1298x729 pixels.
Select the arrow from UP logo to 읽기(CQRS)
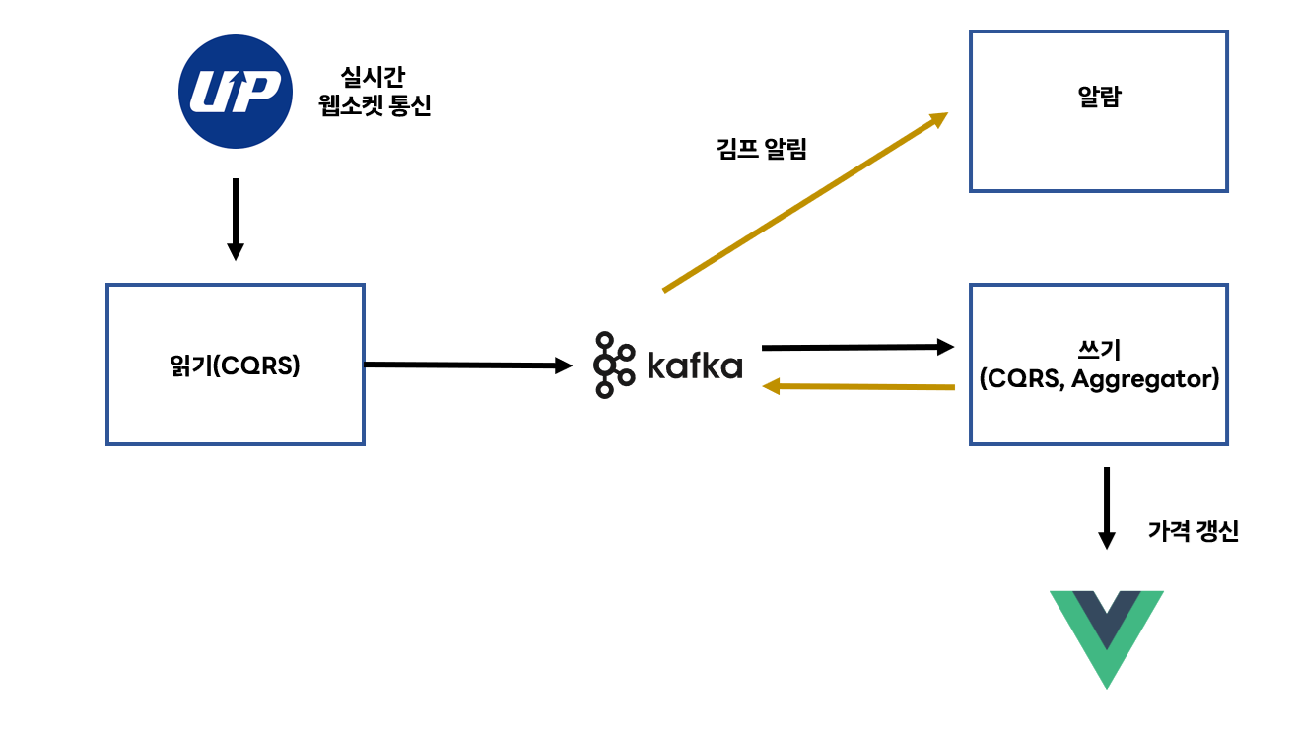click(235, 219)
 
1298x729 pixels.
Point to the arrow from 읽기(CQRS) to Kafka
click(467, 365)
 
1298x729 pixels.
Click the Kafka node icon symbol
click(614, 365)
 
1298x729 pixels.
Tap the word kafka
click(695, 365)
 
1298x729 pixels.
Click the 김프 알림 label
click(761, 151)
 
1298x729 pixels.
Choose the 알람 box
click(1098, 111)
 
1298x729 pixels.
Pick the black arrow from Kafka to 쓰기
click(857, 347)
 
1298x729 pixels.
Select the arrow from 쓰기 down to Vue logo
click(1107, 507)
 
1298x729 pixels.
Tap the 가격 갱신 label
click(1193, 533)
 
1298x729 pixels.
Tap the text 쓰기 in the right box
click(1099, 350)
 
